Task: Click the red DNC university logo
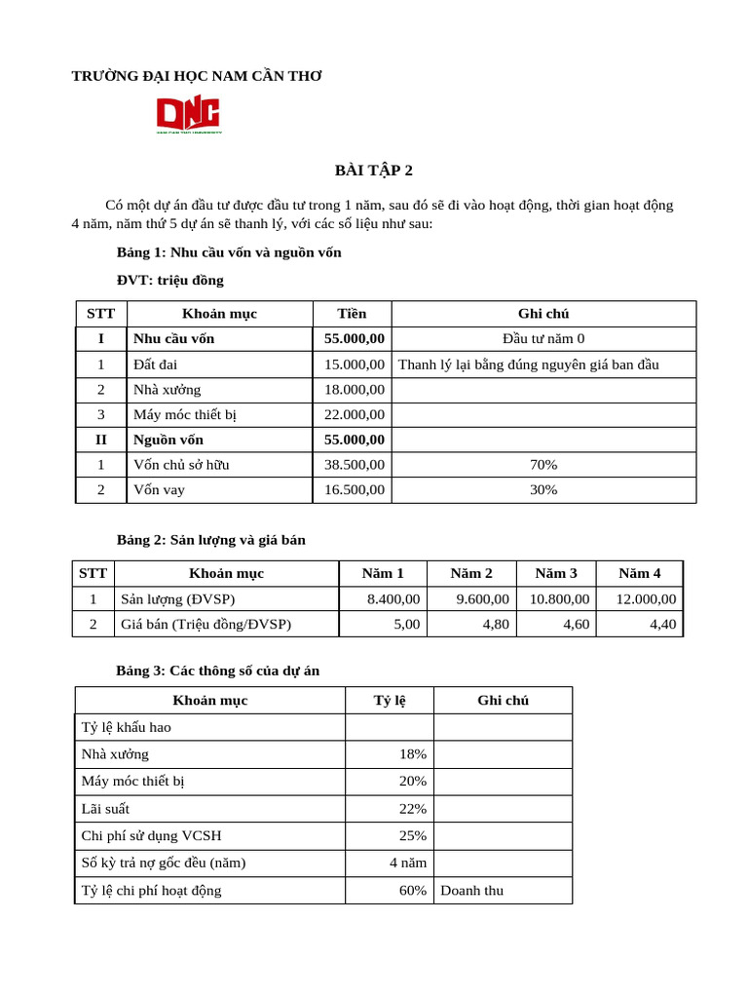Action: coord(190,115)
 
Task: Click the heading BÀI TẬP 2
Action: coord(374,171)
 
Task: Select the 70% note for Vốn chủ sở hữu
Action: coord(543,465)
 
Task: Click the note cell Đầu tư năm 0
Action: coord(543,339)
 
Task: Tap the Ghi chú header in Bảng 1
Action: coord(543,314)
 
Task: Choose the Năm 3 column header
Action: coord(556,573)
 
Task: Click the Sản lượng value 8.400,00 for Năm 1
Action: coord(393,599)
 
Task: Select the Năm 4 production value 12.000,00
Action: coord(646,599)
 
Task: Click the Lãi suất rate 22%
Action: coord(413,809)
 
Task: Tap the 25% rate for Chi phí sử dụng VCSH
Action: coord(413,836)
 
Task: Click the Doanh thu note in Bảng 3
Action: coord(472,891)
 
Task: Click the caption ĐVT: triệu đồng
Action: coord(170,280)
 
